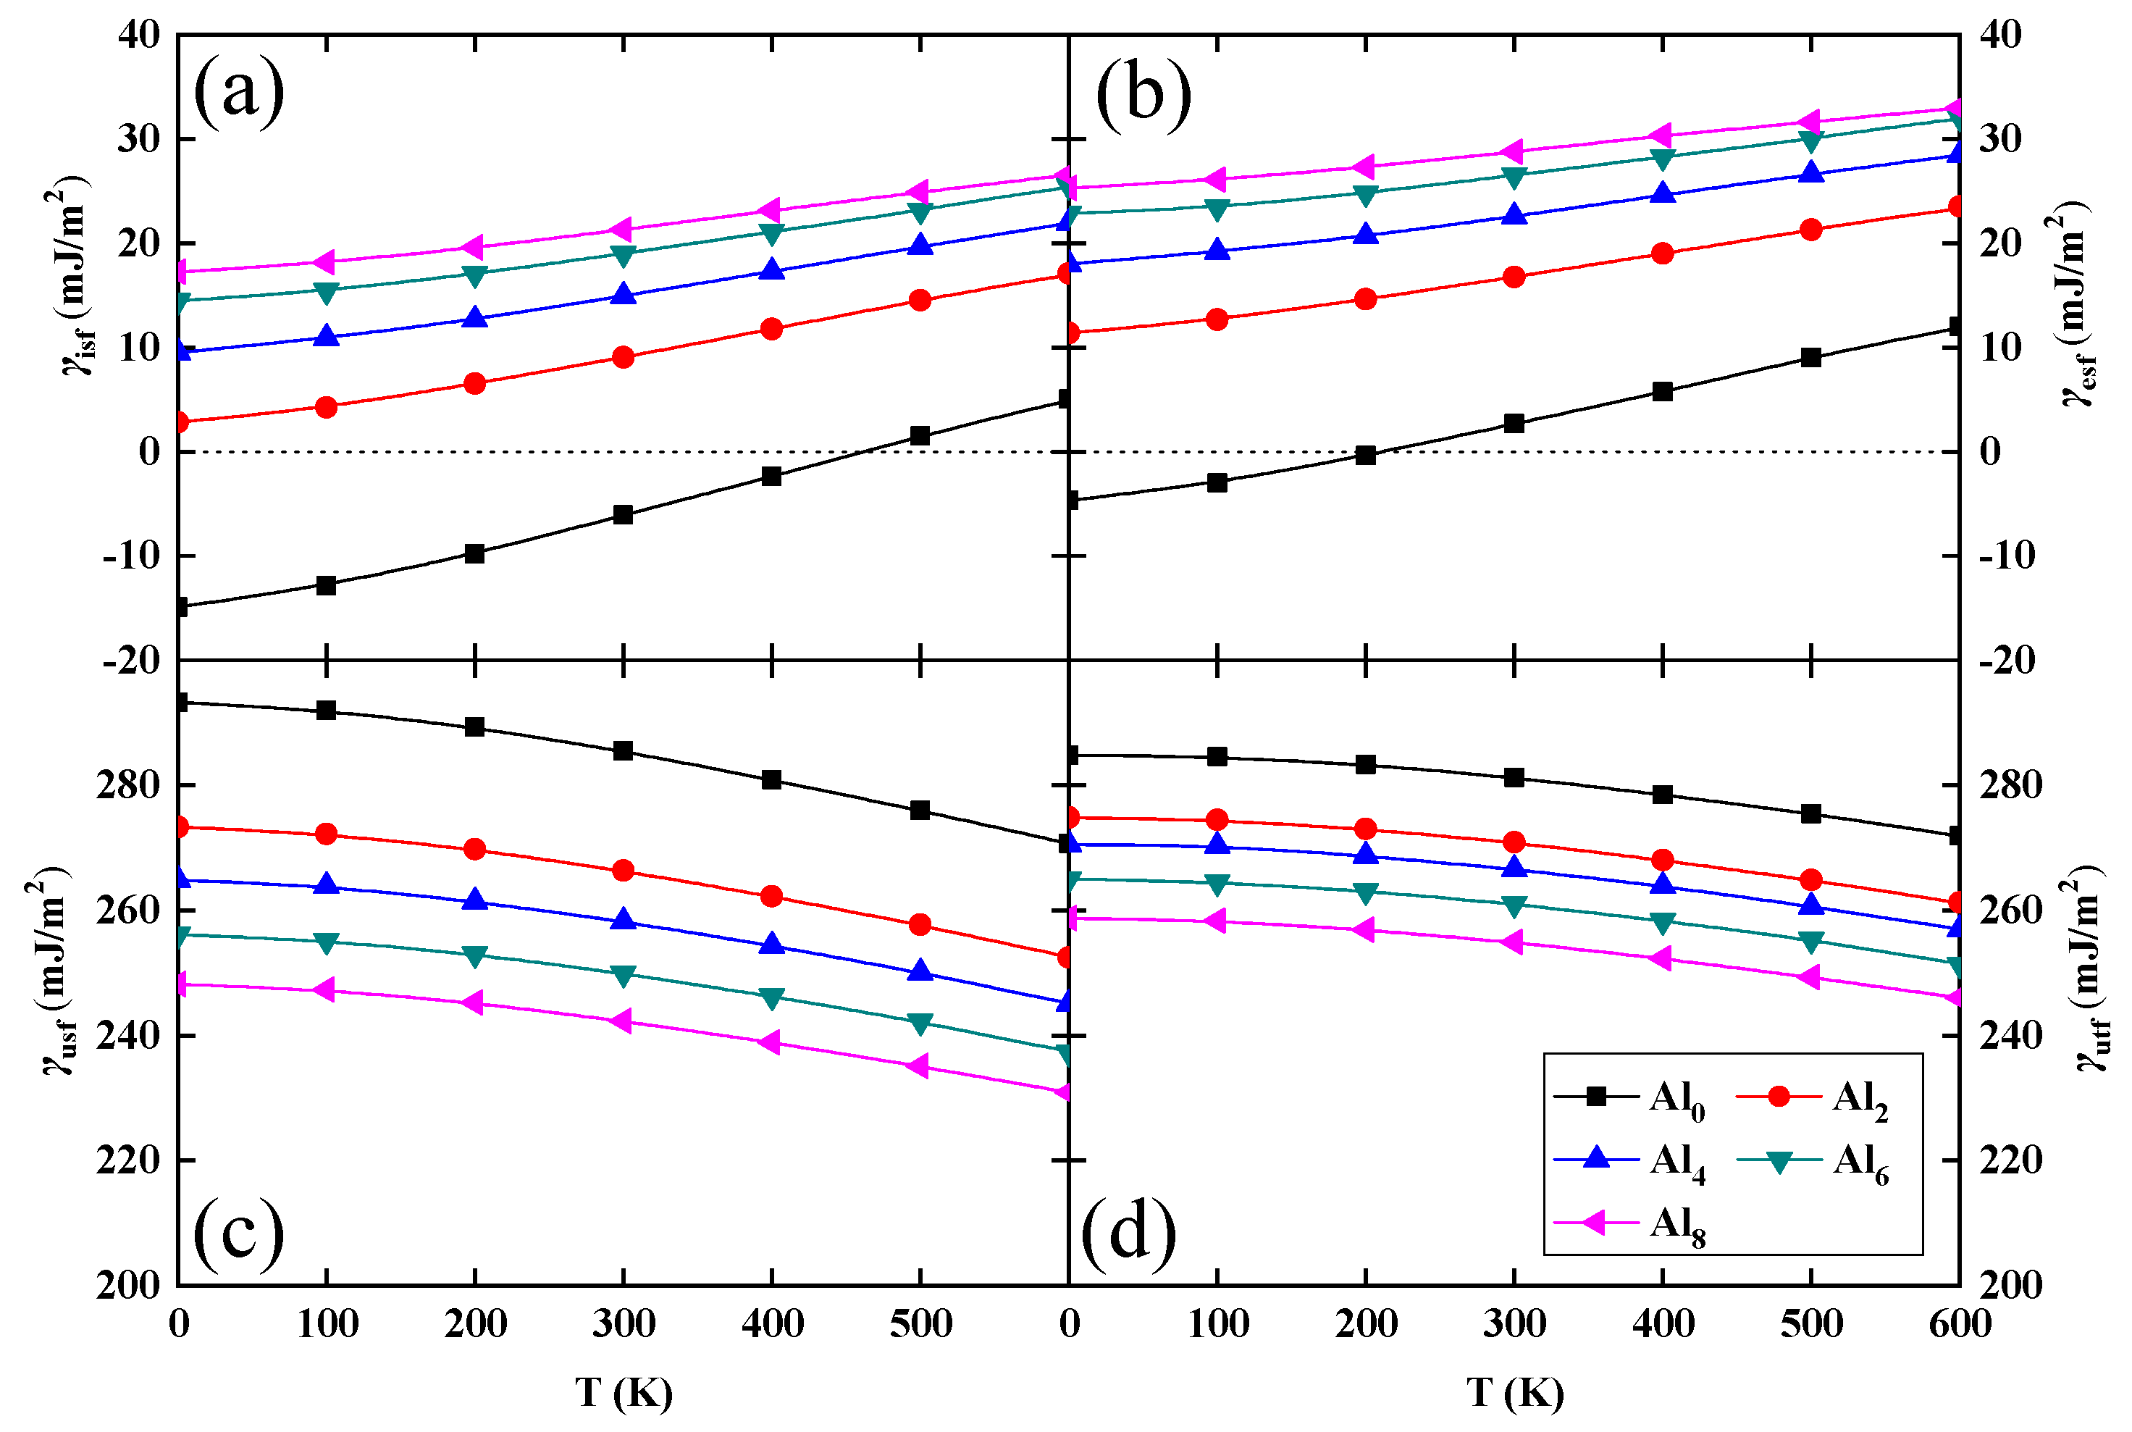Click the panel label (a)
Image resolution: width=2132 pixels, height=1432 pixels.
[x=238, y=92]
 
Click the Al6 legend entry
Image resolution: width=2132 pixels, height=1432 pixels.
[x=1813, y=1161]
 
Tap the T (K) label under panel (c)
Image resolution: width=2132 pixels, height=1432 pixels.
[x=624, y=1393]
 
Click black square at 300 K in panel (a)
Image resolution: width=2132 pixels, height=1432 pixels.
[x=624, y=514]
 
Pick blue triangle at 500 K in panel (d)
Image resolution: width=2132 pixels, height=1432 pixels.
[x=1811, y=905]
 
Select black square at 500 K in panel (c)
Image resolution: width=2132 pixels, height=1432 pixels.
[x=920, y=810]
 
